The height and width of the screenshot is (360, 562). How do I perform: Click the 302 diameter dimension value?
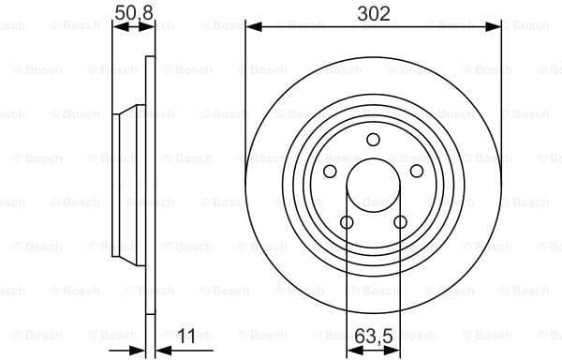pyautogui.click(x=373, y=13)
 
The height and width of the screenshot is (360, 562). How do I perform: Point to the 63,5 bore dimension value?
pyautogui.click(x=373, y=333)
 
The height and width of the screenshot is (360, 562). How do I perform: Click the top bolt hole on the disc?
pyautogui.click(x=373, y=140)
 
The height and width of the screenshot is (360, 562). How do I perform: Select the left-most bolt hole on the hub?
pyautogui.click(x=330, y=172)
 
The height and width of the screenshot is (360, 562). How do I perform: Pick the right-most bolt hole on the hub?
pyautogui.click(x=417, y=172)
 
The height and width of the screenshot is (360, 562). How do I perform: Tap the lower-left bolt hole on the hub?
pyautogui.click(x=347, y=222)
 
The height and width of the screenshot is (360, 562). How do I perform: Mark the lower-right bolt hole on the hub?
pyautogui.click(x=400, y=222)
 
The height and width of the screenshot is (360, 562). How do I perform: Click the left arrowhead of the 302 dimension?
pyautogui.click(x=251, y=28)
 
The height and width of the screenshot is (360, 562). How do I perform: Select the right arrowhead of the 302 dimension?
pyautogui.click(x=495, y=28)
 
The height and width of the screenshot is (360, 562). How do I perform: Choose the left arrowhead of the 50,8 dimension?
pyautogui.click(x=117, y=28)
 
